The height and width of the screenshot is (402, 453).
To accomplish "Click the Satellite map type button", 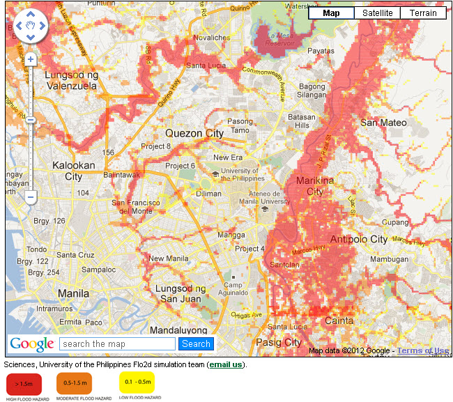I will click(x=377, y=13).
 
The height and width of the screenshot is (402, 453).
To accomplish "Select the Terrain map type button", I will click(x=423, y=13).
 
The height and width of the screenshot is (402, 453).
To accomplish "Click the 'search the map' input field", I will click(x=117, y=343).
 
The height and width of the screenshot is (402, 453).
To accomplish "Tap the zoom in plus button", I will click(x=31, y=60).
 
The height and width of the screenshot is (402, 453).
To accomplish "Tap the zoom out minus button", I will click(x=31, y=198).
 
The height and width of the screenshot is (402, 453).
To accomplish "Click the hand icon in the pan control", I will click(x=30, y=26).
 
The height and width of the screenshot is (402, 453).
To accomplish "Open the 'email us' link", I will click(x=227, y=364).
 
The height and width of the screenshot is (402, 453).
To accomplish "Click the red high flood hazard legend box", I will click(x=24, y=383).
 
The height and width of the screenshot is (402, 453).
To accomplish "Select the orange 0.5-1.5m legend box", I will click(x=75, y=383).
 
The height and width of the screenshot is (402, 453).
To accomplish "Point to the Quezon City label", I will click(x=194, y=133).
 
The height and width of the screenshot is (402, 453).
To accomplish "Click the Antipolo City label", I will click(x=378, y=239).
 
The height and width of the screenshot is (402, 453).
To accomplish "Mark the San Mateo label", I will click(x=383, y=123).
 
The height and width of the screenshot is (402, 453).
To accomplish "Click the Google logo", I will click(x=31, y=343).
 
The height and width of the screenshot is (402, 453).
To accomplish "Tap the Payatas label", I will click(x=321, y=51).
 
